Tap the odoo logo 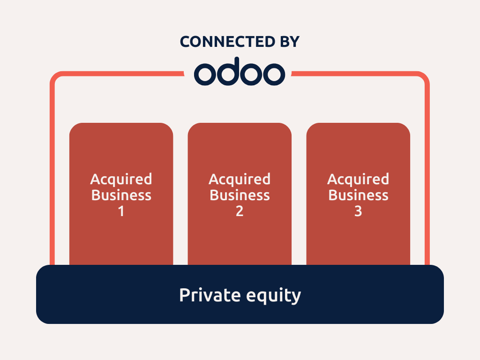coord(240,71)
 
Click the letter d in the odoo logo coord(228,71)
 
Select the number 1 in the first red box coord(121,211)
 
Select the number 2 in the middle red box coord(240,211)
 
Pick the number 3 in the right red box coord(358,211)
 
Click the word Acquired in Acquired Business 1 coord(121,179)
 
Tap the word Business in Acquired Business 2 coord(240,195)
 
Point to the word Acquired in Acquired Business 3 coord(358,179)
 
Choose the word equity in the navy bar coord(274,296)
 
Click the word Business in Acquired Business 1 coord(121,195)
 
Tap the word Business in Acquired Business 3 coord(358,195)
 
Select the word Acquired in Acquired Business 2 coord(240,179)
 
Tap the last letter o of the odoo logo coord(274,75)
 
